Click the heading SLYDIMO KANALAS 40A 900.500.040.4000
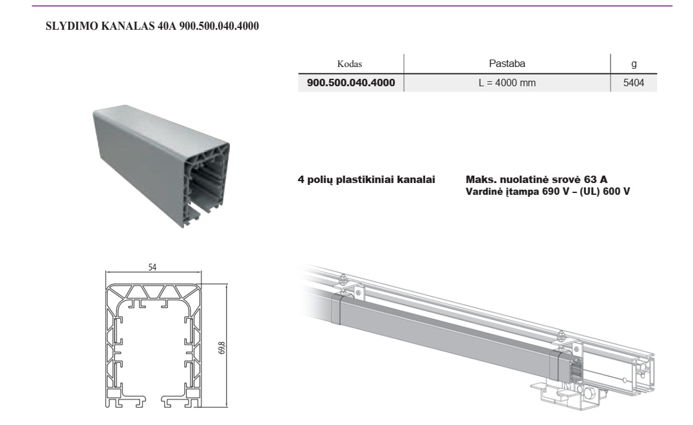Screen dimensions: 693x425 (x=152, y=26)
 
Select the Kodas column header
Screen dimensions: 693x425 (x=350, y=64)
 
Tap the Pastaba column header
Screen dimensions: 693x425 (x=507, y=64)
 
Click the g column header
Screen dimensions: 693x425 (x=633, y=64)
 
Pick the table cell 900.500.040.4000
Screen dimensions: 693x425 (x=351, y=83)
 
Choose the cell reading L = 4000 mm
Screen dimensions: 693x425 (x=507, y=83)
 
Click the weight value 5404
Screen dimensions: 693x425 (x=633, y=83)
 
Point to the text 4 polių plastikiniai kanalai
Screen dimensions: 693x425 (x=366, y=179)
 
